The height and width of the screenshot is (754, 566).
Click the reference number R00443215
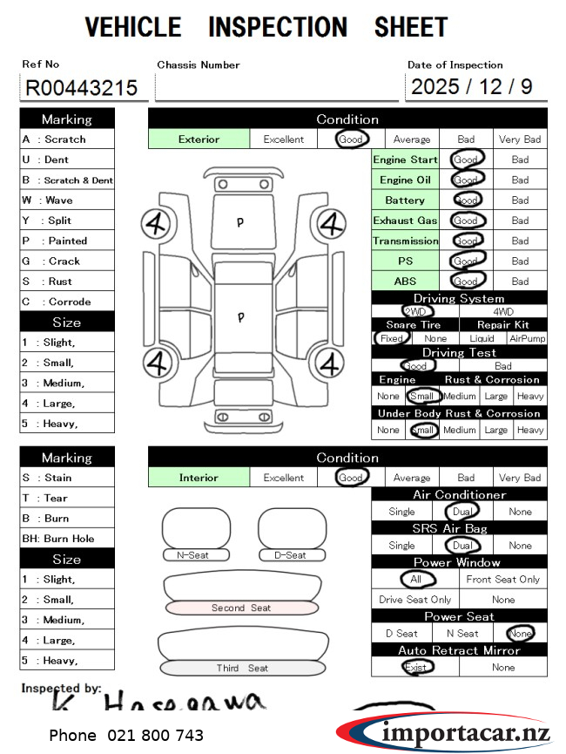[x=82, y=88]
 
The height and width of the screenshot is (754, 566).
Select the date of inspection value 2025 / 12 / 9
[x=471, y=87]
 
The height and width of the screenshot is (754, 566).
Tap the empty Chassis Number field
[x=276, y=87]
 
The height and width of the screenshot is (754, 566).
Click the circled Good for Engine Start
[x=466, y=160]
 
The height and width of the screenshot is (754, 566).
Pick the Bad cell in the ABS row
[x=520, y=282]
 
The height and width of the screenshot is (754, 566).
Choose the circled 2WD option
[x=415, y=311]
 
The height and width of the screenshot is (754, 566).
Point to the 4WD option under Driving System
[x=503, y=311]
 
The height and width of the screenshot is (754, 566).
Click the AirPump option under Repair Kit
[x=527, y=338]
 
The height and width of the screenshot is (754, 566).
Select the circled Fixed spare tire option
[x=391, y=338]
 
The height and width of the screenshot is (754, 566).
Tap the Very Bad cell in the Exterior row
[x=520, y=139]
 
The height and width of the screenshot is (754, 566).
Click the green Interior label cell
[x=199, y=478]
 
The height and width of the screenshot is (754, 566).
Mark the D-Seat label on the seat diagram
[x=290, y=555]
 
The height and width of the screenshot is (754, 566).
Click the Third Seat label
[x=241, y=669]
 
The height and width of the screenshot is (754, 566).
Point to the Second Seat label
[x=241, y=608]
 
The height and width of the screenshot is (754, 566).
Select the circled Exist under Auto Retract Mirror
[x=415, y=667]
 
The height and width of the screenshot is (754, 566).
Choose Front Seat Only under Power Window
[x=502, y=579]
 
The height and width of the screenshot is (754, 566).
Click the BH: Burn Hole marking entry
[x=58, y=539]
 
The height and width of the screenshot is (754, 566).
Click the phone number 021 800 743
[x=126, y=736]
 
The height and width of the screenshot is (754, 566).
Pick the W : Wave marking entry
[x=48, y=200]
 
